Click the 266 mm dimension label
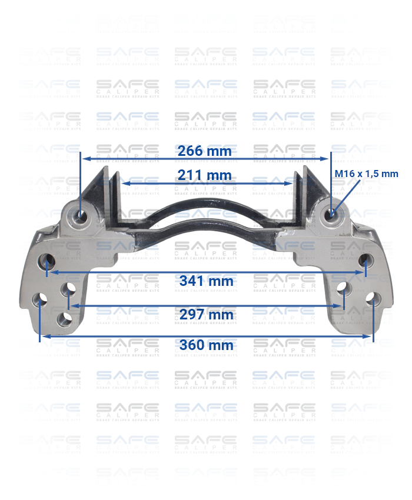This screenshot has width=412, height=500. [205, 151]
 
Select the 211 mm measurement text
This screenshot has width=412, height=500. [205, 175]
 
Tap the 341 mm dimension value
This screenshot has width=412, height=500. [206, 281]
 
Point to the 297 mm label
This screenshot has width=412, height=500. [206, 315]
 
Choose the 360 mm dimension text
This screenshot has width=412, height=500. [206, 345]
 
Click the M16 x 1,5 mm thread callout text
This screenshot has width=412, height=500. [366, 174]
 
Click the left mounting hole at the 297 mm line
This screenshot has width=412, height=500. [69, 289]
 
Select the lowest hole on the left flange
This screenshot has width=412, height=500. [64, 319]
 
